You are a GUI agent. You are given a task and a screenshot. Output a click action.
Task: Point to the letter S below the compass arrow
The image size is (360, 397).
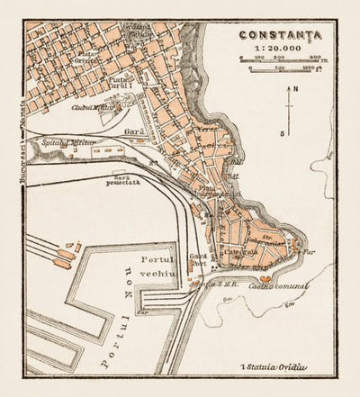(x=282, y=132)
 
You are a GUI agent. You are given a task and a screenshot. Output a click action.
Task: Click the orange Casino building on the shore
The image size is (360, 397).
(x=267, y=277)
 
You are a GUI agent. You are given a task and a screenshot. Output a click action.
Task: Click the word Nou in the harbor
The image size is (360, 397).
(x=115, y=275)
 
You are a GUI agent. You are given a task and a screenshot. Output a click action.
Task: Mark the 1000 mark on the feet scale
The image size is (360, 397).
(x=308, y=68)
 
